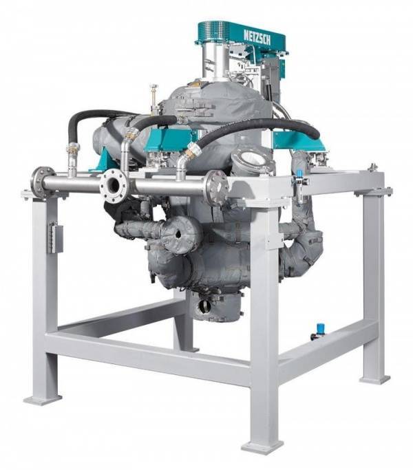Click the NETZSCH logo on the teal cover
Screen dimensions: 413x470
coord(257,37)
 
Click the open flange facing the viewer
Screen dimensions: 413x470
coord(114,186)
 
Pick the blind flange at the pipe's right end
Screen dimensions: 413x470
coord(217,188)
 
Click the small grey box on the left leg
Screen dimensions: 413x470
coord(55,237)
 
